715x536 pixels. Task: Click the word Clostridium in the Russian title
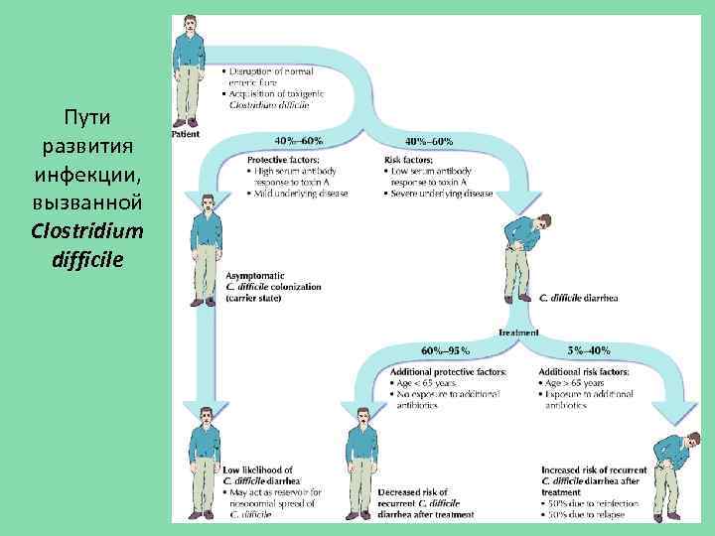click(x=87, y=231)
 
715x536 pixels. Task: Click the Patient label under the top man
click(x=186, y=133)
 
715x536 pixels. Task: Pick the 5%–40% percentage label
click(x=588, y=351)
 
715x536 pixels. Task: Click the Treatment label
click(x=518, y=333)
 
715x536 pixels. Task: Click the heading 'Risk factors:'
click(x=409, y=160)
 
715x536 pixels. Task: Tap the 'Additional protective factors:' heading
click(x=449, y=371)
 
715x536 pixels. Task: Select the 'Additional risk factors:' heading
click(x=583, y=371)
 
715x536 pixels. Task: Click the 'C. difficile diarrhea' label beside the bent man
click(x=578, y=297)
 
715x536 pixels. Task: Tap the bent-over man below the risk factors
click(x=522, y=258)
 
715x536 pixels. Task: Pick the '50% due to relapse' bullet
click(x=591, y=515)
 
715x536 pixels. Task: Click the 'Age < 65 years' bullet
click(x=427, y=383)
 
